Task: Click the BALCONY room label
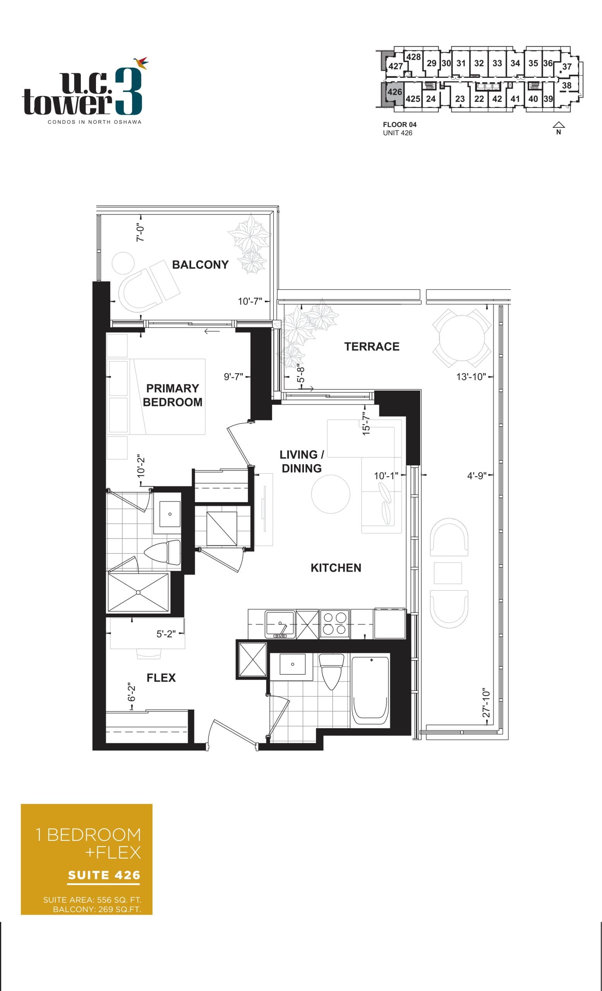[200, 265]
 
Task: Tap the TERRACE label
[372, 347]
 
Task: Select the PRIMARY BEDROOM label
[173, 395]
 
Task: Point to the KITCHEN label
[336, 568]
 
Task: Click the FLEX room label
[161, 678]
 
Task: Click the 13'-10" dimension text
[471, 377]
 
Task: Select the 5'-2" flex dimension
[166, 634]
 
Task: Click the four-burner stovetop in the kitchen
[334, 623]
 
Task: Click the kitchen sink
[280, 623]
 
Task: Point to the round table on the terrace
[461, 338]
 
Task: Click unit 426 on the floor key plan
[394, 92]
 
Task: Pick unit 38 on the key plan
[566, 85]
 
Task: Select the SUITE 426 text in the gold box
[104, 875]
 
